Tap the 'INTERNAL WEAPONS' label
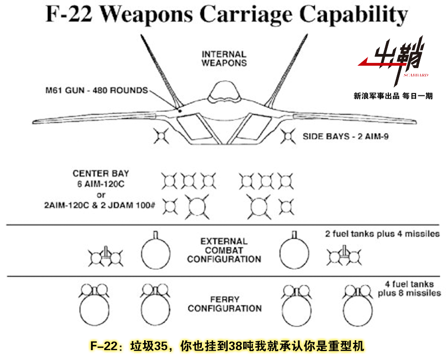click(x=224, y=59)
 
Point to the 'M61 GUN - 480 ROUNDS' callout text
click(x=100, y=90)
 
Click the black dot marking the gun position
click(x=180, y=110)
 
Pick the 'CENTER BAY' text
click(x=101, y=174)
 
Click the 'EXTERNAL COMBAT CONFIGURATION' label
click(x=224, y=250)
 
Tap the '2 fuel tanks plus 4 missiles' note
click(x=382, y=234)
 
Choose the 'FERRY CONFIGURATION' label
click(x=224, y=304)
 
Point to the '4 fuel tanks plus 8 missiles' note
click(x=409, y=289)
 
